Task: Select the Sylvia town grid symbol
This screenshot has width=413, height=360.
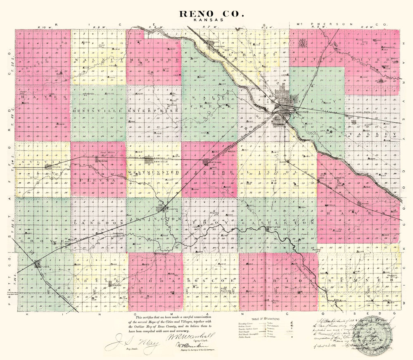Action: pyautogui.click(x=50, y=167)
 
